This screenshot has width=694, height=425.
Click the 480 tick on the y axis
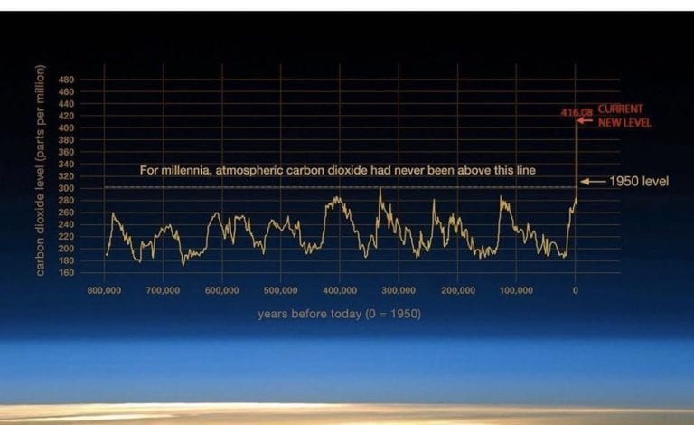66,80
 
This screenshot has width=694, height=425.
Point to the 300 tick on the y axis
66,188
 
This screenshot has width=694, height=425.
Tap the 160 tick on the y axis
66,273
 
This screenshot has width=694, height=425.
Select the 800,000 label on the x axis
104,290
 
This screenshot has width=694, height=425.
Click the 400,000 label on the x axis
340,290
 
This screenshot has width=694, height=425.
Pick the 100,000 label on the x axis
516,290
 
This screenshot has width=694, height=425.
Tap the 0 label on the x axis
575,290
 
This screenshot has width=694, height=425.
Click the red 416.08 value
577,112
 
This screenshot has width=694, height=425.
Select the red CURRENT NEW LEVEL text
624,116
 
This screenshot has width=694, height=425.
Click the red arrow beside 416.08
585,120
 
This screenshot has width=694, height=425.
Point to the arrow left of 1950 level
593,182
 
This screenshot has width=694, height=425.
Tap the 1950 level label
639,182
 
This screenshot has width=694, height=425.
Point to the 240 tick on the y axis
66,224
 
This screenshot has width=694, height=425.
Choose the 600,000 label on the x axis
221,290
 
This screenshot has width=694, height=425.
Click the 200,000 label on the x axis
457,290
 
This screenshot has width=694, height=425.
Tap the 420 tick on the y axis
66,116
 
